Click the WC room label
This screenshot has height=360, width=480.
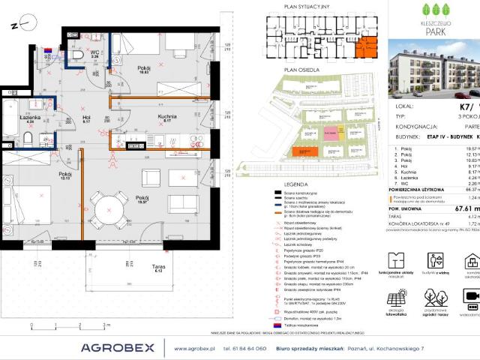point(95,52)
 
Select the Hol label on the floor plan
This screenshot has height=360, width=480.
point(87,118)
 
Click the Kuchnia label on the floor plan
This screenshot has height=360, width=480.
point(167,117)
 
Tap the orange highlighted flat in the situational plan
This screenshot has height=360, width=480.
point(367,48)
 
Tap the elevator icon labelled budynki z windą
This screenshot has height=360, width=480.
point(438,261)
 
